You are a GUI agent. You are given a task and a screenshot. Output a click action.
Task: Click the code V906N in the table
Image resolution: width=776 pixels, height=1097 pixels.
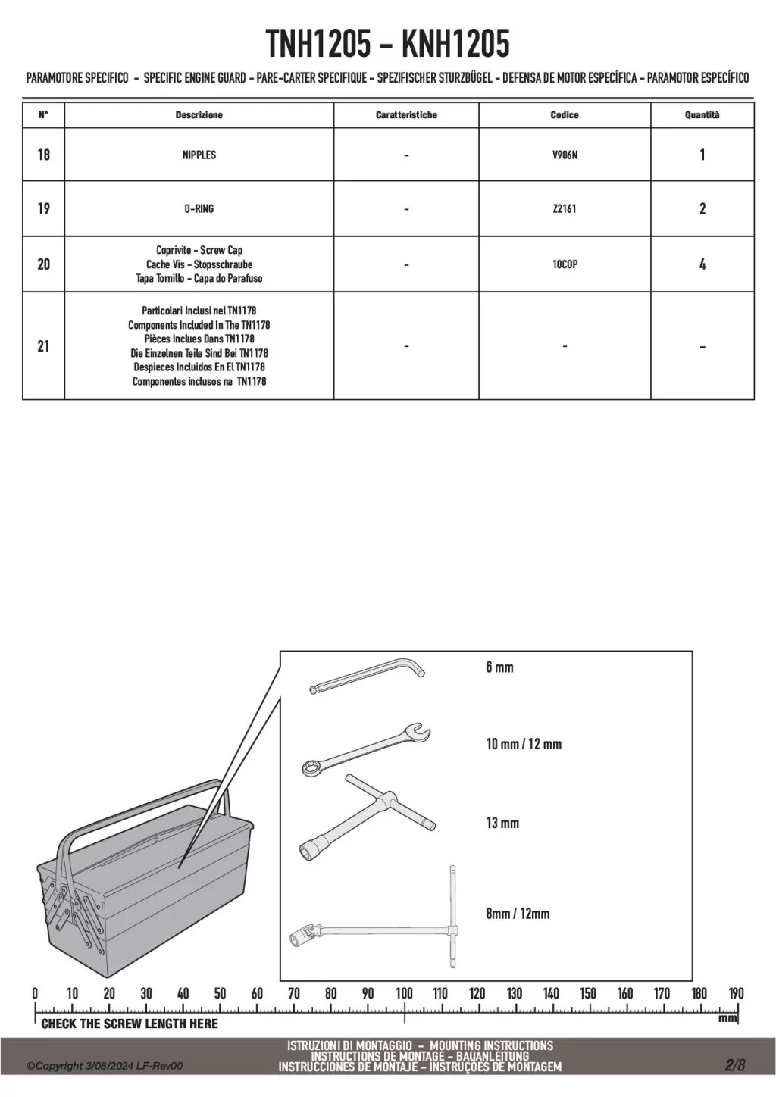565,155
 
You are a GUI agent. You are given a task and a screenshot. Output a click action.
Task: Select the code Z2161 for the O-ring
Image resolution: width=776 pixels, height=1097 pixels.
565,208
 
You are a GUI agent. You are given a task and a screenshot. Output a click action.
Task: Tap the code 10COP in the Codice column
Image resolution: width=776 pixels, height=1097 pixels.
565,264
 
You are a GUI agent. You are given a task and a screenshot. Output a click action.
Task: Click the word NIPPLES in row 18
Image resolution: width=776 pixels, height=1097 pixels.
199,155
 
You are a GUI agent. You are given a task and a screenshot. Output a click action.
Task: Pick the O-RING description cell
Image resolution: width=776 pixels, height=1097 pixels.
199,208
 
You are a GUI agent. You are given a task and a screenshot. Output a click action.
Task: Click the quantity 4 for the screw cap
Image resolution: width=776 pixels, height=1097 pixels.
702,264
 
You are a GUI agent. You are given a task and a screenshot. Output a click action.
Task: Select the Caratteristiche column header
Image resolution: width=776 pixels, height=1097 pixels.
406,115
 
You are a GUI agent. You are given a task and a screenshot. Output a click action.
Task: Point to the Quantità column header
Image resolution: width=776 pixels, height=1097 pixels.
702,115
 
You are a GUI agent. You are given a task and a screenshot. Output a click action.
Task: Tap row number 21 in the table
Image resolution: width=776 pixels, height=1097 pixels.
43,346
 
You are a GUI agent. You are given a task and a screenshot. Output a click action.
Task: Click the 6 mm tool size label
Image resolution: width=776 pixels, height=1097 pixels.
499,667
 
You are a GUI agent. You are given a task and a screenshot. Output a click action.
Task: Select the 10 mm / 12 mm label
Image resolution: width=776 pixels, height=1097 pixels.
524,744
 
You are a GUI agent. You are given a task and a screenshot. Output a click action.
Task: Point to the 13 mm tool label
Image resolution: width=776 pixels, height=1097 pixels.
502,823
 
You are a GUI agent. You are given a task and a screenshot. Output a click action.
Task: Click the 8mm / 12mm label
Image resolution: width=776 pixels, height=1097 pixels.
518,914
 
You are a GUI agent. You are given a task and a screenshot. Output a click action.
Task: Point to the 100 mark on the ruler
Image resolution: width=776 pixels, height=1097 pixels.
404,993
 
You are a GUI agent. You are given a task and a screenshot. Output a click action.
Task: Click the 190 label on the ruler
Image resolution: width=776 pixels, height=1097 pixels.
736,993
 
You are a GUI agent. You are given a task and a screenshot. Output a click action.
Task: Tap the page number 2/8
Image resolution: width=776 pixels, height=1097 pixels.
735,1065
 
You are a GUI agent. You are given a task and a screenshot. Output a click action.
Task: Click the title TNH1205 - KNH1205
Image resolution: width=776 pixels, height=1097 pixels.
388,45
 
